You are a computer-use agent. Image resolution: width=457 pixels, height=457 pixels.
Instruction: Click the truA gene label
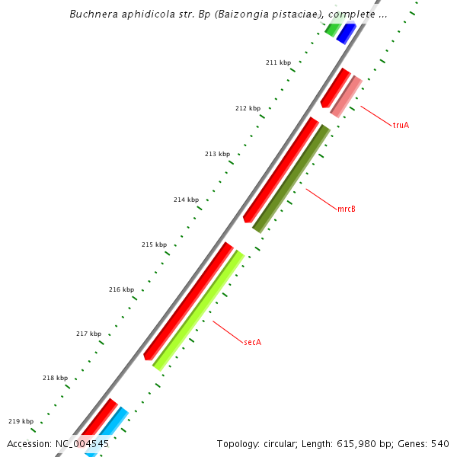[401, 125]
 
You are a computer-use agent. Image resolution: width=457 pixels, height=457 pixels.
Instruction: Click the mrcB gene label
[347, 209]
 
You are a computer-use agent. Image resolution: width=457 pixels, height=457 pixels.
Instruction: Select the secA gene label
[253, 343]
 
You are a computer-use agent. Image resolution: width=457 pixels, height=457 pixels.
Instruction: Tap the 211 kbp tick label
[278, 62]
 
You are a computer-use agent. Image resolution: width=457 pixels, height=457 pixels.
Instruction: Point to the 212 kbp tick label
[248, 108]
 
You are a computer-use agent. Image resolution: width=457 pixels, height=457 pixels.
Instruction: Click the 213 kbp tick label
[217, 154]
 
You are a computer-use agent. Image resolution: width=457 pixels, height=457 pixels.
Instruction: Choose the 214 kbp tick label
[186, 200]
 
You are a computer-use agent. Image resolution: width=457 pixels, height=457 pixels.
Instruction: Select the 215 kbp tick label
[154, 244]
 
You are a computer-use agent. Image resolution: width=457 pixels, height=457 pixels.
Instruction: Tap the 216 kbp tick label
[121, 289]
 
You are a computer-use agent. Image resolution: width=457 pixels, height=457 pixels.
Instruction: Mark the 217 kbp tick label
[88, 334]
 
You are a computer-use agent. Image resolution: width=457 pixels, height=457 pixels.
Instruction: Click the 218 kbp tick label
[55, 378]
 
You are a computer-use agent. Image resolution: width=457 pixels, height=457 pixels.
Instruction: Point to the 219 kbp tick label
[21, 421]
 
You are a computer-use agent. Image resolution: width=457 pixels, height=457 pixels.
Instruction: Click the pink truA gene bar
[347, 97]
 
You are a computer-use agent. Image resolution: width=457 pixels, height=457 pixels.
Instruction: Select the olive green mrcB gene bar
[292, 179]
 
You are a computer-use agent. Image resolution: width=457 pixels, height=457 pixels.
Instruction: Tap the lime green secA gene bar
[199, 310]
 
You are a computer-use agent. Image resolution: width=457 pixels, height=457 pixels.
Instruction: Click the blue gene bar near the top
[346, 34]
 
